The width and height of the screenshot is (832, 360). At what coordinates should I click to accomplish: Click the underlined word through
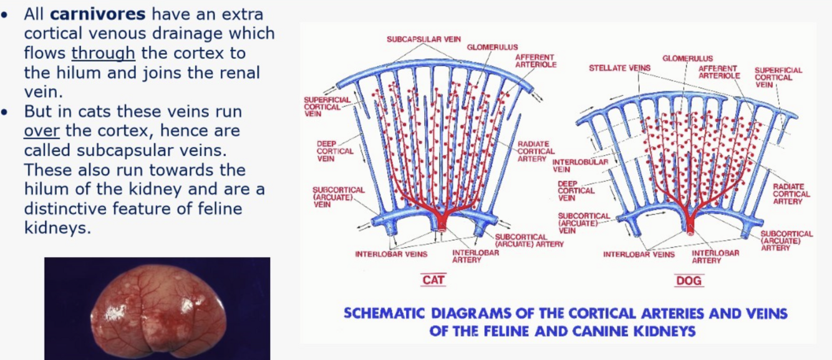point(103,53)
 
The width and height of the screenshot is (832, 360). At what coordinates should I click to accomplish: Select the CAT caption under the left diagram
point(433,280)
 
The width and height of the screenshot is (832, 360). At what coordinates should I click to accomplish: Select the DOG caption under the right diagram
point(689,281)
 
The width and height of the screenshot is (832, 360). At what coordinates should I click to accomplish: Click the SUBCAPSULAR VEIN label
point(423,39)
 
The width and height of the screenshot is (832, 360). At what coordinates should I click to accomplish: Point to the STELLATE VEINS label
point(620,67)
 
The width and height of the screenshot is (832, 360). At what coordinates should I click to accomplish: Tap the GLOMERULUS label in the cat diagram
point(492,47)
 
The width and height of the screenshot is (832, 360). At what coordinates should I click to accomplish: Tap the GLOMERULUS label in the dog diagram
point(687,58)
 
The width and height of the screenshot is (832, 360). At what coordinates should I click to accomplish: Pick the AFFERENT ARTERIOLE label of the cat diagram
point(535,61)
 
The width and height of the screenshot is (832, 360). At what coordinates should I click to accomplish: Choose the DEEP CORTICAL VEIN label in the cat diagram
point(335,151)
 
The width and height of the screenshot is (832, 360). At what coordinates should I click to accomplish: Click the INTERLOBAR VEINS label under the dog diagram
point(639,254)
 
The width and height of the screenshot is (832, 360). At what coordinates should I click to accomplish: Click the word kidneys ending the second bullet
point(57,228)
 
